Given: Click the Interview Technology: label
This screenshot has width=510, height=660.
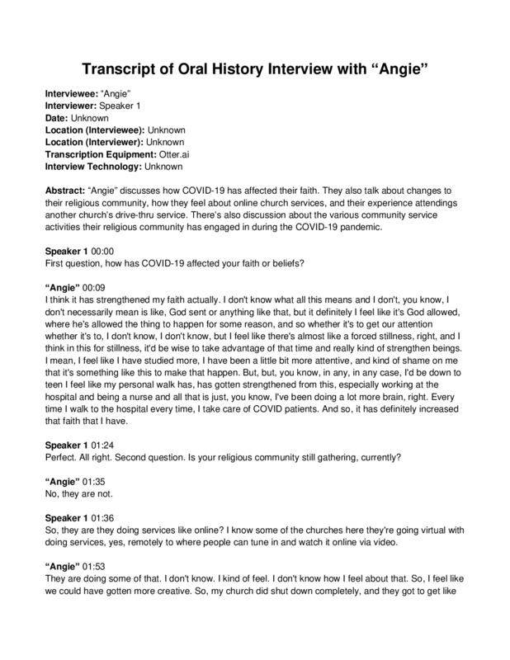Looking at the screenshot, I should tap(92, 167).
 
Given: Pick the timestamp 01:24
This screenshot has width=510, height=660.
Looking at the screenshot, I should tap(96, 444).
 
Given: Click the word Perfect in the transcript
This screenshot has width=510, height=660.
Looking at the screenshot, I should tap(60, 455).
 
